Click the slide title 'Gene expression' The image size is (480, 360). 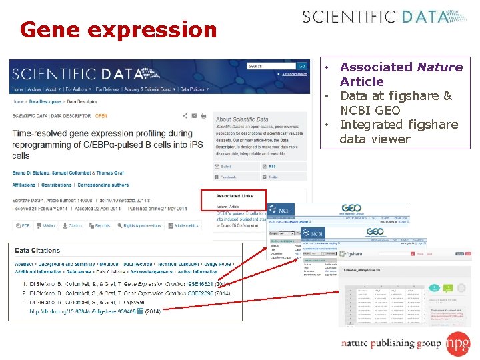coord(118,30)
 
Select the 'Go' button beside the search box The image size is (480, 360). coord(301,66)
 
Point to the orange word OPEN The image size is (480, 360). coord(101,115)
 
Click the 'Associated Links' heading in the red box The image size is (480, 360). coord(235,196)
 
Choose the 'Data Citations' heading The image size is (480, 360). coord(37,251)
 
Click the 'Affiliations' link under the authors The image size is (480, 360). coord(24,185)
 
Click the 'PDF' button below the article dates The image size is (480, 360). coord(23,226)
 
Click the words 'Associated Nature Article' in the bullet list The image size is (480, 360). coord(401,74)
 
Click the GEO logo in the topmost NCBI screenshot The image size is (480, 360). coord(351,209)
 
